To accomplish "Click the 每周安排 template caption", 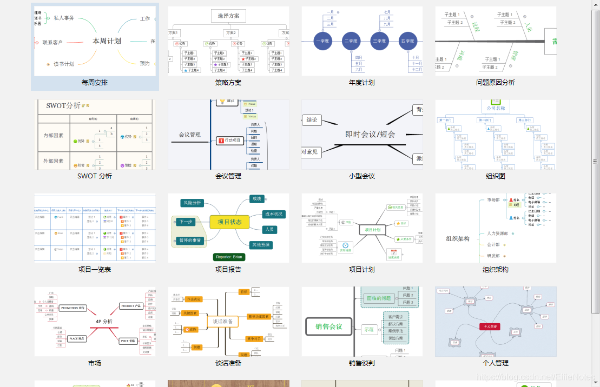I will point(95,83).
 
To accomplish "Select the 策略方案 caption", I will point(228,83).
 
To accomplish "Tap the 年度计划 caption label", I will point(362,83).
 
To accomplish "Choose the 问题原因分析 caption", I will point(496,83).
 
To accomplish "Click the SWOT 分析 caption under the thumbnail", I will point(95,176).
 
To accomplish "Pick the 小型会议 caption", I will point(362,176).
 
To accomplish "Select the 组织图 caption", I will point(496,176).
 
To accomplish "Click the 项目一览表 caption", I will point(95,270).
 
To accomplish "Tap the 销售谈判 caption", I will point(362,363).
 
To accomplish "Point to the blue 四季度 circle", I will point(407,41).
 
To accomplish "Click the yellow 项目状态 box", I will point(229,222).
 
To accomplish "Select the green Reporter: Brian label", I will point(229,257).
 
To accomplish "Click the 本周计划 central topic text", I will point(107,41).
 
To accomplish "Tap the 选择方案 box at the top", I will point(228,16).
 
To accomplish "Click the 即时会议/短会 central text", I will point(370,135).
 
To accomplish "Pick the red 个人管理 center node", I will point(490,326).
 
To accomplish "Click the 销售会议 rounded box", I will point(328,326).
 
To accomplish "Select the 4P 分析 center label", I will point(104,322).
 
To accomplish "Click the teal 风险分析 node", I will point(192,203).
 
